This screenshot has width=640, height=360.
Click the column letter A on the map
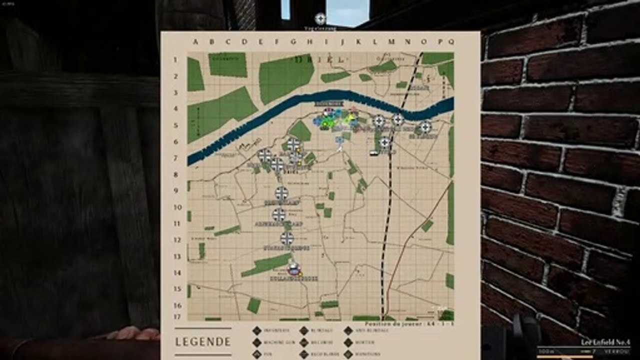tap(195, 42)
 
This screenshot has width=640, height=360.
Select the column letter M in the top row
tap(391, 42)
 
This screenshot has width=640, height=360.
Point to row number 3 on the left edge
tap(175, 92)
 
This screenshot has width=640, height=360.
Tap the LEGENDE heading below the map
tap(203, 342)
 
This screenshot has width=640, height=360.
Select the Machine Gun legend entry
tap(275, 342)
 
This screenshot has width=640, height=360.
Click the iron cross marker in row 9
tap(281, 193)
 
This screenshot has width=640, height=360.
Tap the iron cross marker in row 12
tap(286, 238)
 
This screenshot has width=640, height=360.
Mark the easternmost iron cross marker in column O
tap(425, 127)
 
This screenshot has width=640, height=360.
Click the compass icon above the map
tap(320, 19)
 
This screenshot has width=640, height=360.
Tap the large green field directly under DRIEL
tap(285, 77)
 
